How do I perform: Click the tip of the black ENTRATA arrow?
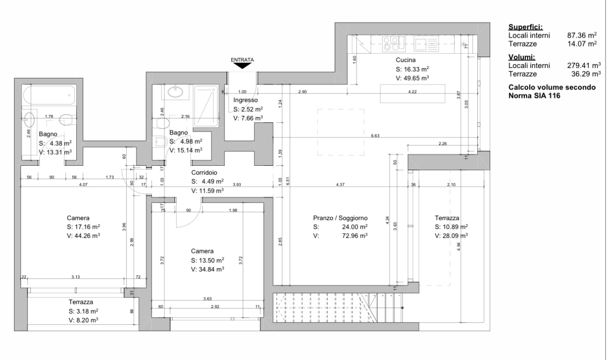[243, 68]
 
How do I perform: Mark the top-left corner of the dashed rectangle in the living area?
[317, 110]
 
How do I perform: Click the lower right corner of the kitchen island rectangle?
[445, 103]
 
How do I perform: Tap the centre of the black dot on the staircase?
[402, 308]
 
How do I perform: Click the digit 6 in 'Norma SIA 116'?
[558, 96]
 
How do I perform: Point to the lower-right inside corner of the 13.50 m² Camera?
[264, 317]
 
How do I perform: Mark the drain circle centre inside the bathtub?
[69, 95]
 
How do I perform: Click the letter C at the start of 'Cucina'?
[398, 60]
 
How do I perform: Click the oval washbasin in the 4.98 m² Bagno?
[175, 92]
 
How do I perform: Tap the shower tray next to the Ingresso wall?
[206, 107]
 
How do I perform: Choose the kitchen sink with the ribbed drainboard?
[426, 44]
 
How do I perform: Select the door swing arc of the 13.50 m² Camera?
[189, 214]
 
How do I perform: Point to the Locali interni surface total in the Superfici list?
[582, 35]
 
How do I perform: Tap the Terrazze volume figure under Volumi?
[586, 74]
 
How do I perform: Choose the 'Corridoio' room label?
[204, 172]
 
